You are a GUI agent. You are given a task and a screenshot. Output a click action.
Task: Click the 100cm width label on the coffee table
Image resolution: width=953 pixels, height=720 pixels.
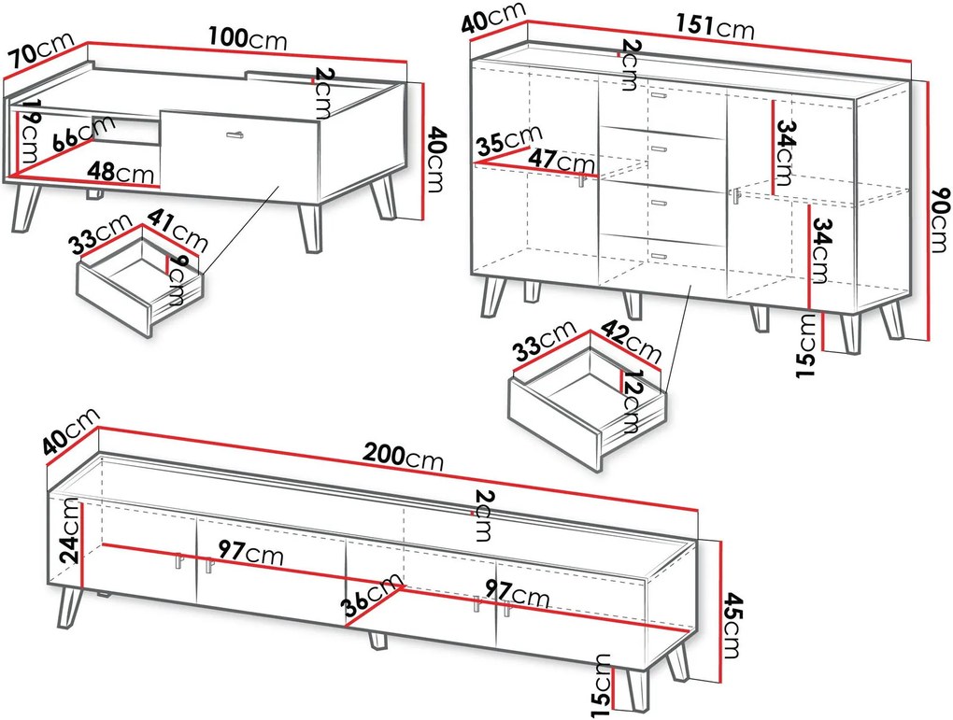click(248, 38)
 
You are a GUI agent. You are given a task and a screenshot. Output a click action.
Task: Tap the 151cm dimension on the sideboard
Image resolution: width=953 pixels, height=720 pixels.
click(715, 26)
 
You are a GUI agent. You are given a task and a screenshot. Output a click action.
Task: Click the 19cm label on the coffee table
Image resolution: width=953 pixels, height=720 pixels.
click(28, 132)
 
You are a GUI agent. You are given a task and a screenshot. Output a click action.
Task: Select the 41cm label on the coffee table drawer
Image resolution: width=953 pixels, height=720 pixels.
click(178, 230)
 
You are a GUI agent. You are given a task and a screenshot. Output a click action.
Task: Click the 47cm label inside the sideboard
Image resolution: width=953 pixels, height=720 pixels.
click(561, 161)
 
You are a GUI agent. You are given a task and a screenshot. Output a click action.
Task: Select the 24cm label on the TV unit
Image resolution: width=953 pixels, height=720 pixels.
click(69, 530)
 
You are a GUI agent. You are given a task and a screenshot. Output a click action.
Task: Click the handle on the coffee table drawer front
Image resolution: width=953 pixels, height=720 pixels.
click(235, 134)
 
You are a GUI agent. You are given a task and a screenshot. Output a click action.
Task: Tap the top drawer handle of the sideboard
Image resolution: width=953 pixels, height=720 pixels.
click(659, 96)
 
